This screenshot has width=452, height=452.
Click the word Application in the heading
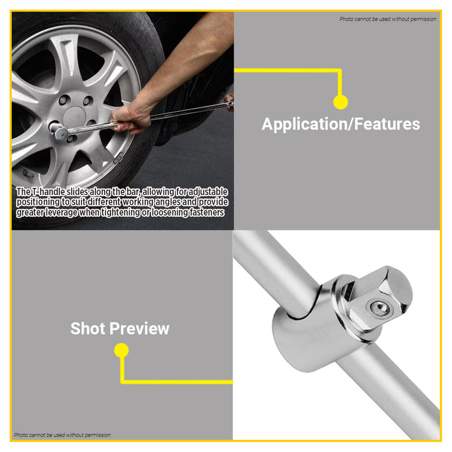(x=302, y=124)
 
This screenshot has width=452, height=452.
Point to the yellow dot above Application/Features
(x=340, y=101)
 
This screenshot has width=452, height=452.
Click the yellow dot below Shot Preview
(x=121, y=351)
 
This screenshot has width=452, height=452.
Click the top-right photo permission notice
(x=387, y=19)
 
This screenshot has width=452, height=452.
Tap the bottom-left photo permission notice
(x=62, y=435)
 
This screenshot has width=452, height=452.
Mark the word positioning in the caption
(x=38, y=202)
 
